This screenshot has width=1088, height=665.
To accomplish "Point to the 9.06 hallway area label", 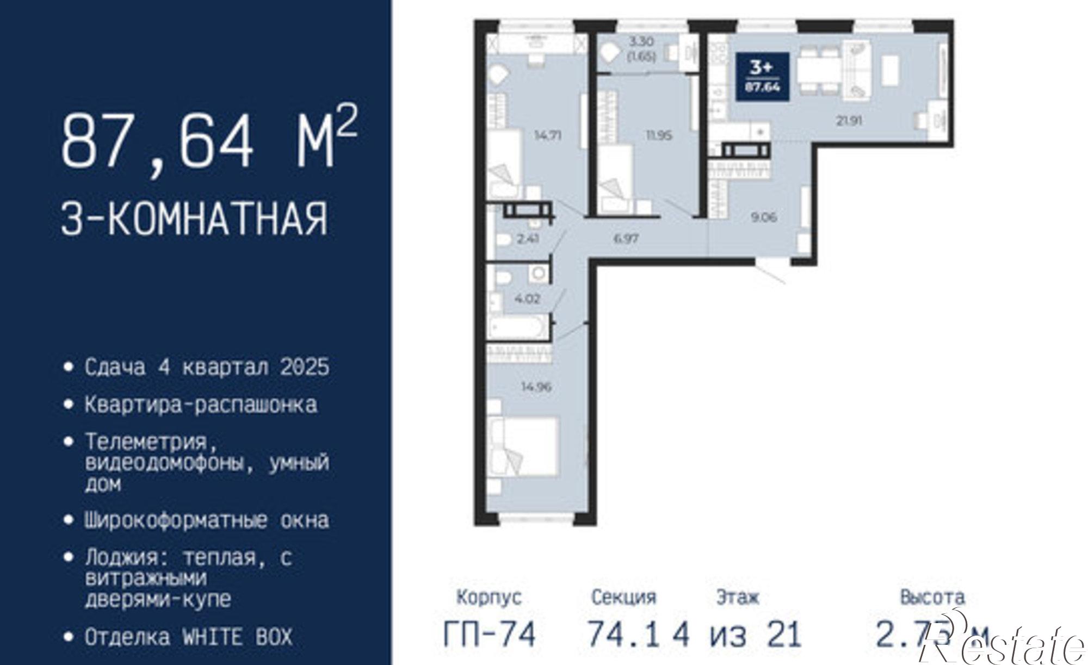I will point(764,217).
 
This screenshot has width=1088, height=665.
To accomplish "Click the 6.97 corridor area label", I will point(626,238).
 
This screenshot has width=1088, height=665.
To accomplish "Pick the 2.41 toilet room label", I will point(528,238).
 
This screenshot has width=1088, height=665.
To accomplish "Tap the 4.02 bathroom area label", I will point(527,298).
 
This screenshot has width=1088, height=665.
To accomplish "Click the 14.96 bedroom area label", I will point(536,387).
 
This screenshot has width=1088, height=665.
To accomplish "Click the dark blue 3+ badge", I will point(763,77).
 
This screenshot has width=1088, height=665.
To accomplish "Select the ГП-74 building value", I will point(489,634).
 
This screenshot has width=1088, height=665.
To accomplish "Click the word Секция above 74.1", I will point(623,598).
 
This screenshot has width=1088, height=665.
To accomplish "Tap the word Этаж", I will point(738,598).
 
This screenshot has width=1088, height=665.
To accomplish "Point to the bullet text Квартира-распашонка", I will point(201,405).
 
